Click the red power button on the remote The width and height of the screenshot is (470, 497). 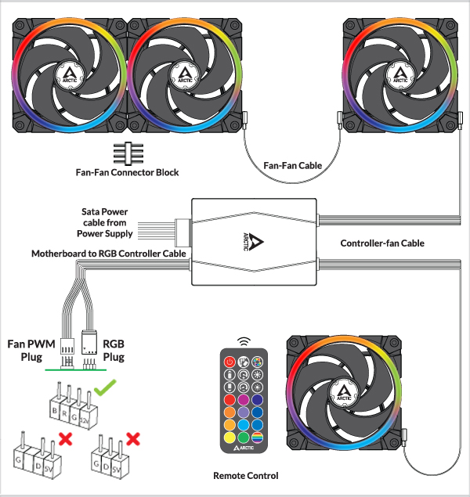[230, 362]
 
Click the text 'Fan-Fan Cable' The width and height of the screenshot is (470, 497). [292, 166]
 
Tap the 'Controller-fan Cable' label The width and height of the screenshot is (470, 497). [382, 243]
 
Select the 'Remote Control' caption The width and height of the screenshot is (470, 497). [245, 475]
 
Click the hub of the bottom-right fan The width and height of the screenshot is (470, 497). [344, 391]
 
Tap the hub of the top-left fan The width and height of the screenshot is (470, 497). [70, 75]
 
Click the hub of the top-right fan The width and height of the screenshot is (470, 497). [400, 75]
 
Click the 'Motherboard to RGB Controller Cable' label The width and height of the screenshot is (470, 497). [109, 254]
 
